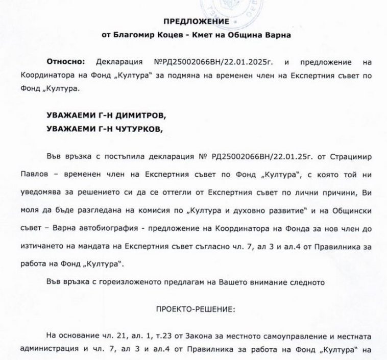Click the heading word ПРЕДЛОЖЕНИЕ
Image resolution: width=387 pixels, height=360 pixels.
(194, 21)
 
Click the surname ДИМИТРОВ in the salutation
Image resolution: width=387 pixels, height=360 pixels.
(137, 115)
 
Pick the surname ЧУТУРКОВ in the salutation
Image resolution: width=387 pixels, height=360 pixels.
(136, 129)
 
